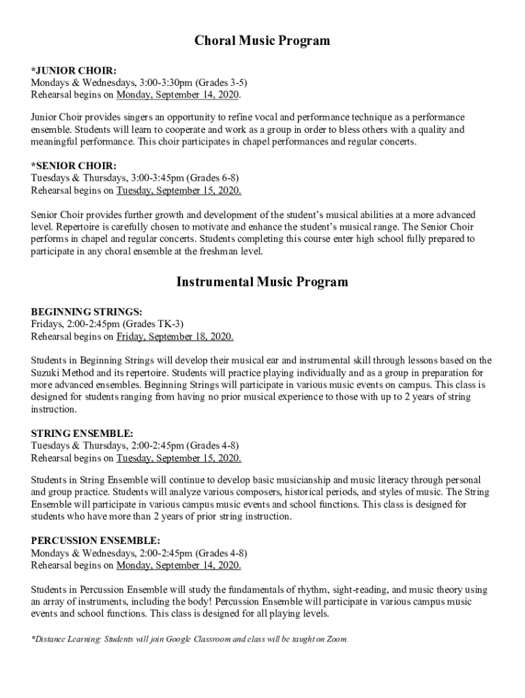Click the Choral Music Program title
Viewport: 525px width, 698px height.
tap(262, 41)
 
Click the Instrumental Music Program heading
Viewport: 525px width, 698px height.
tap(262, 282)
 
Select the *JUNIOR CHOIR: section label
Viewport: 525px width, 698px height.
tap(74, 70)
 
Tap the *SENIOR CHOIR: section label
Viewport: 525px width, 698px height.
tap(74, 166)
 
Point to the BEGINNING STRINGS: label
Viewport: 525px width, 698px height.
tap(87, 312)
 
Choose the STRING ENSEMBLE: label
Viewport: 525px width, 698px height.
tap(82, 433)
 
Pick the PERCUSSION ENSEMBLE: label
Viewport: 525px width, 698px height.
tap(96, 541)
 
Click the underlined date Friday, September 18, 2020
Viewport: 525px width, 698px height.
tap(175, 336)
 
